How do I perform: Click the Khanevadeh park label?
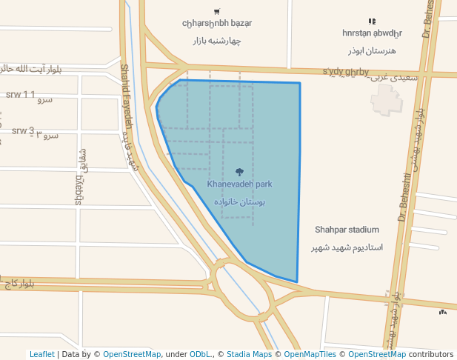[x=239, y=184]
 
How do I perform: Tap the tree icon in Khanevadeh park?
[x=239, y=171]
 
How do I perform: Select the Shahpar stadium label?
[x=347, y=230]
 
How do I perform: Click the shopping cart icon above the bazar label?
[x=216, y=11]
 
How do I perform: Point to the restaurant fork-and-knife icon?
[x=372, y=21]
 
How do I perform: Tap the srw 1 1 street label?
[x=20, y=95]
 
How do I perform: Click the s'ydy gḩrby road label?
[x=345, y=72]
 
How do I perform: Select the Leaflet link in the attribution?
[x=41, y=354]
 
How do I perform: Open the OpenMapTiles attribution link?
[x=308, y=354]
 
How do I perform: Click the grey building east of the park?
[x=386, y=100]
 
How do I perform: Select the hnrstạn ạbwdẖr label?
[x=372, y=33]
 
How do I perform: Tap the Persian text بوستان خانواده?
[x=239, y=201]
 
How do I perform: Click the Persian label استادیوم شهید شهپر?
[x=347, y=246]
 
